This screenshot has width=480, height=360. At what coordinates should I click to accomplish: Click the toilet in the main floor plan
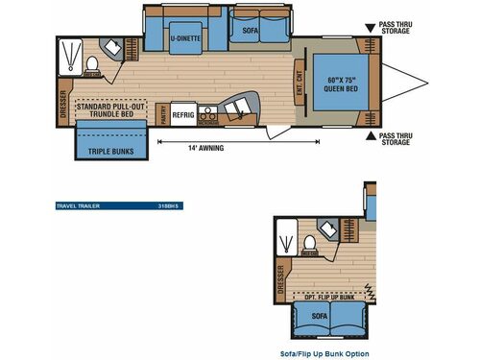(92, 64)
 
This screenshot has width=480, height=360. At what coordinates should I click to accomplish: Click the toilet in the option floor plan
(310, 239)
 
